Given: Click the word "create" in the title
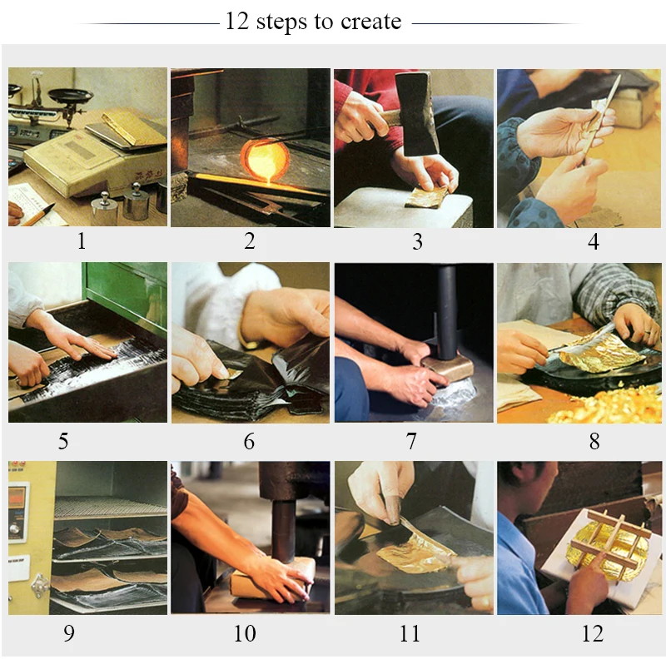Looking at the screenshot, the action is (x=370, y=22).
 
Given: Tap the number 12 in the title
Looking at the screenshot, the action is (x=237, y=21).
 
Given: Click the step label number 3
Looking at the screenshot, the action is (x=418, y=241).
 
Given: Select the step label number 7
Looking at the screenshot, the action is (x=411, y=441).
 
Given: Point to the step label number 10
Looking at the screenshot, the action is (x=245, y=633).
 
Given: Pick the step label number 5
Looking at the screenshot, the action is (x=63, y=441).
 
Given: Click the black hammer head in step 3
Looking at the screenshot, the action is (x=416, y=113).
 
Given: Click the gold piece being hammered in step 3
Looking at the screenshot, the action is (x=426, y=197).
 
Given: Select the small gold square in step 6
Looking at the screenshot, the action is (x=234, y=374).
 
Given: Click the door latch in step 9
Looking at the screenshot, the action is (x=39, y=585).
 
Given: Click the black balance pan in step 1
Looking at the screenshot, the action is (x=70, y=95).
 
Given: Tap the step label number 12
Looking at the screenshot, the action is (x=593, y=633).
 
